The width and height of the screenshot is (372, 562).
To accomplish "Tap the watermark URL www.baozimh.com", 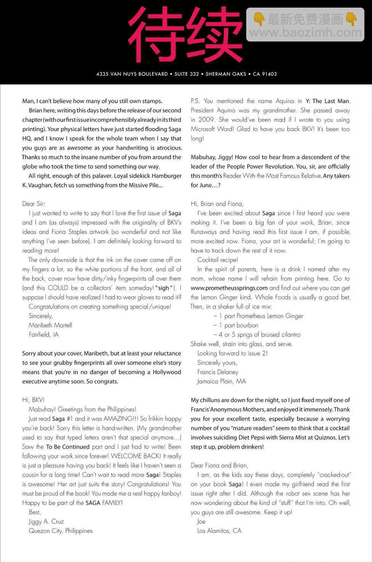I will (x=305, y=33).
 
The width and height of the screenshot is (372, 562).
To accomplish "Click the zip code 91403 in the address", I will (x=269, y=74).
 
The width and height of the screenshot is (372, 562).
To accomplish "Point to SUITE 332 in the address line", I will (x=187, y=74).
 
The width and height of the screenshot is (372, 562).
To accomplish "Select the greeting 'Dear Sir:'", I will (x=34, y=204).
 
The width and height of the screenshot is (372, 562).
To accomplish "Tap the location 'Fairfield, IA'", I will (x=43, y=335).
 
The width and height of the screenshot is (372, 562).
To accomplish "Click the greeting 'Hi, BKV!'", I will (x=33, y=400).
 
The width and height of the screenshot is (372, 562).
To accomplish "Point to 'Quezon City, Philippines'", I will (x=61, y=531).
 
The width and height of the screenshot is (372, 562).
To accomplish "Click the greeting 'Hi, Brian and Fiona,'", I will (x=217, y=204).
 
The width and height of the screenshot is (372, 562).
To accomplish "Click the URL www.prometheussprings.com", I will (x=229, y=288).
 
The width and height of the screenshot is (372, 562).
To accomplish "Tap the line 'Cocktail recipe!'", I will (x=218, y=260).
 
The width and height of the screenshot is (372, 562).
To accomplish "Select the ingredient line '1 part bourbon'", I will (x=239, y=325).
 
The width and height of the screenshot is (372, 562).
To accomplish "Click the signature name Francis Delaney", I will (x=218, y=372).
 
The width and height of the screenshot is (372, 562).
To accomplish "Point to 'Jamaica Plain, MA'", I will (x=221, y=381).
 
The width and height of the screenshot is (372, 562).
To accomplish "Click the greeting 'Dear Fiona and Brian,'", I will (x=219, y=465).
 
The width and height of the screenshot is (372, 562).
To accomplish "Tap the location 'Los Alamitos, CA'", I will (x=219, y=531).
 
